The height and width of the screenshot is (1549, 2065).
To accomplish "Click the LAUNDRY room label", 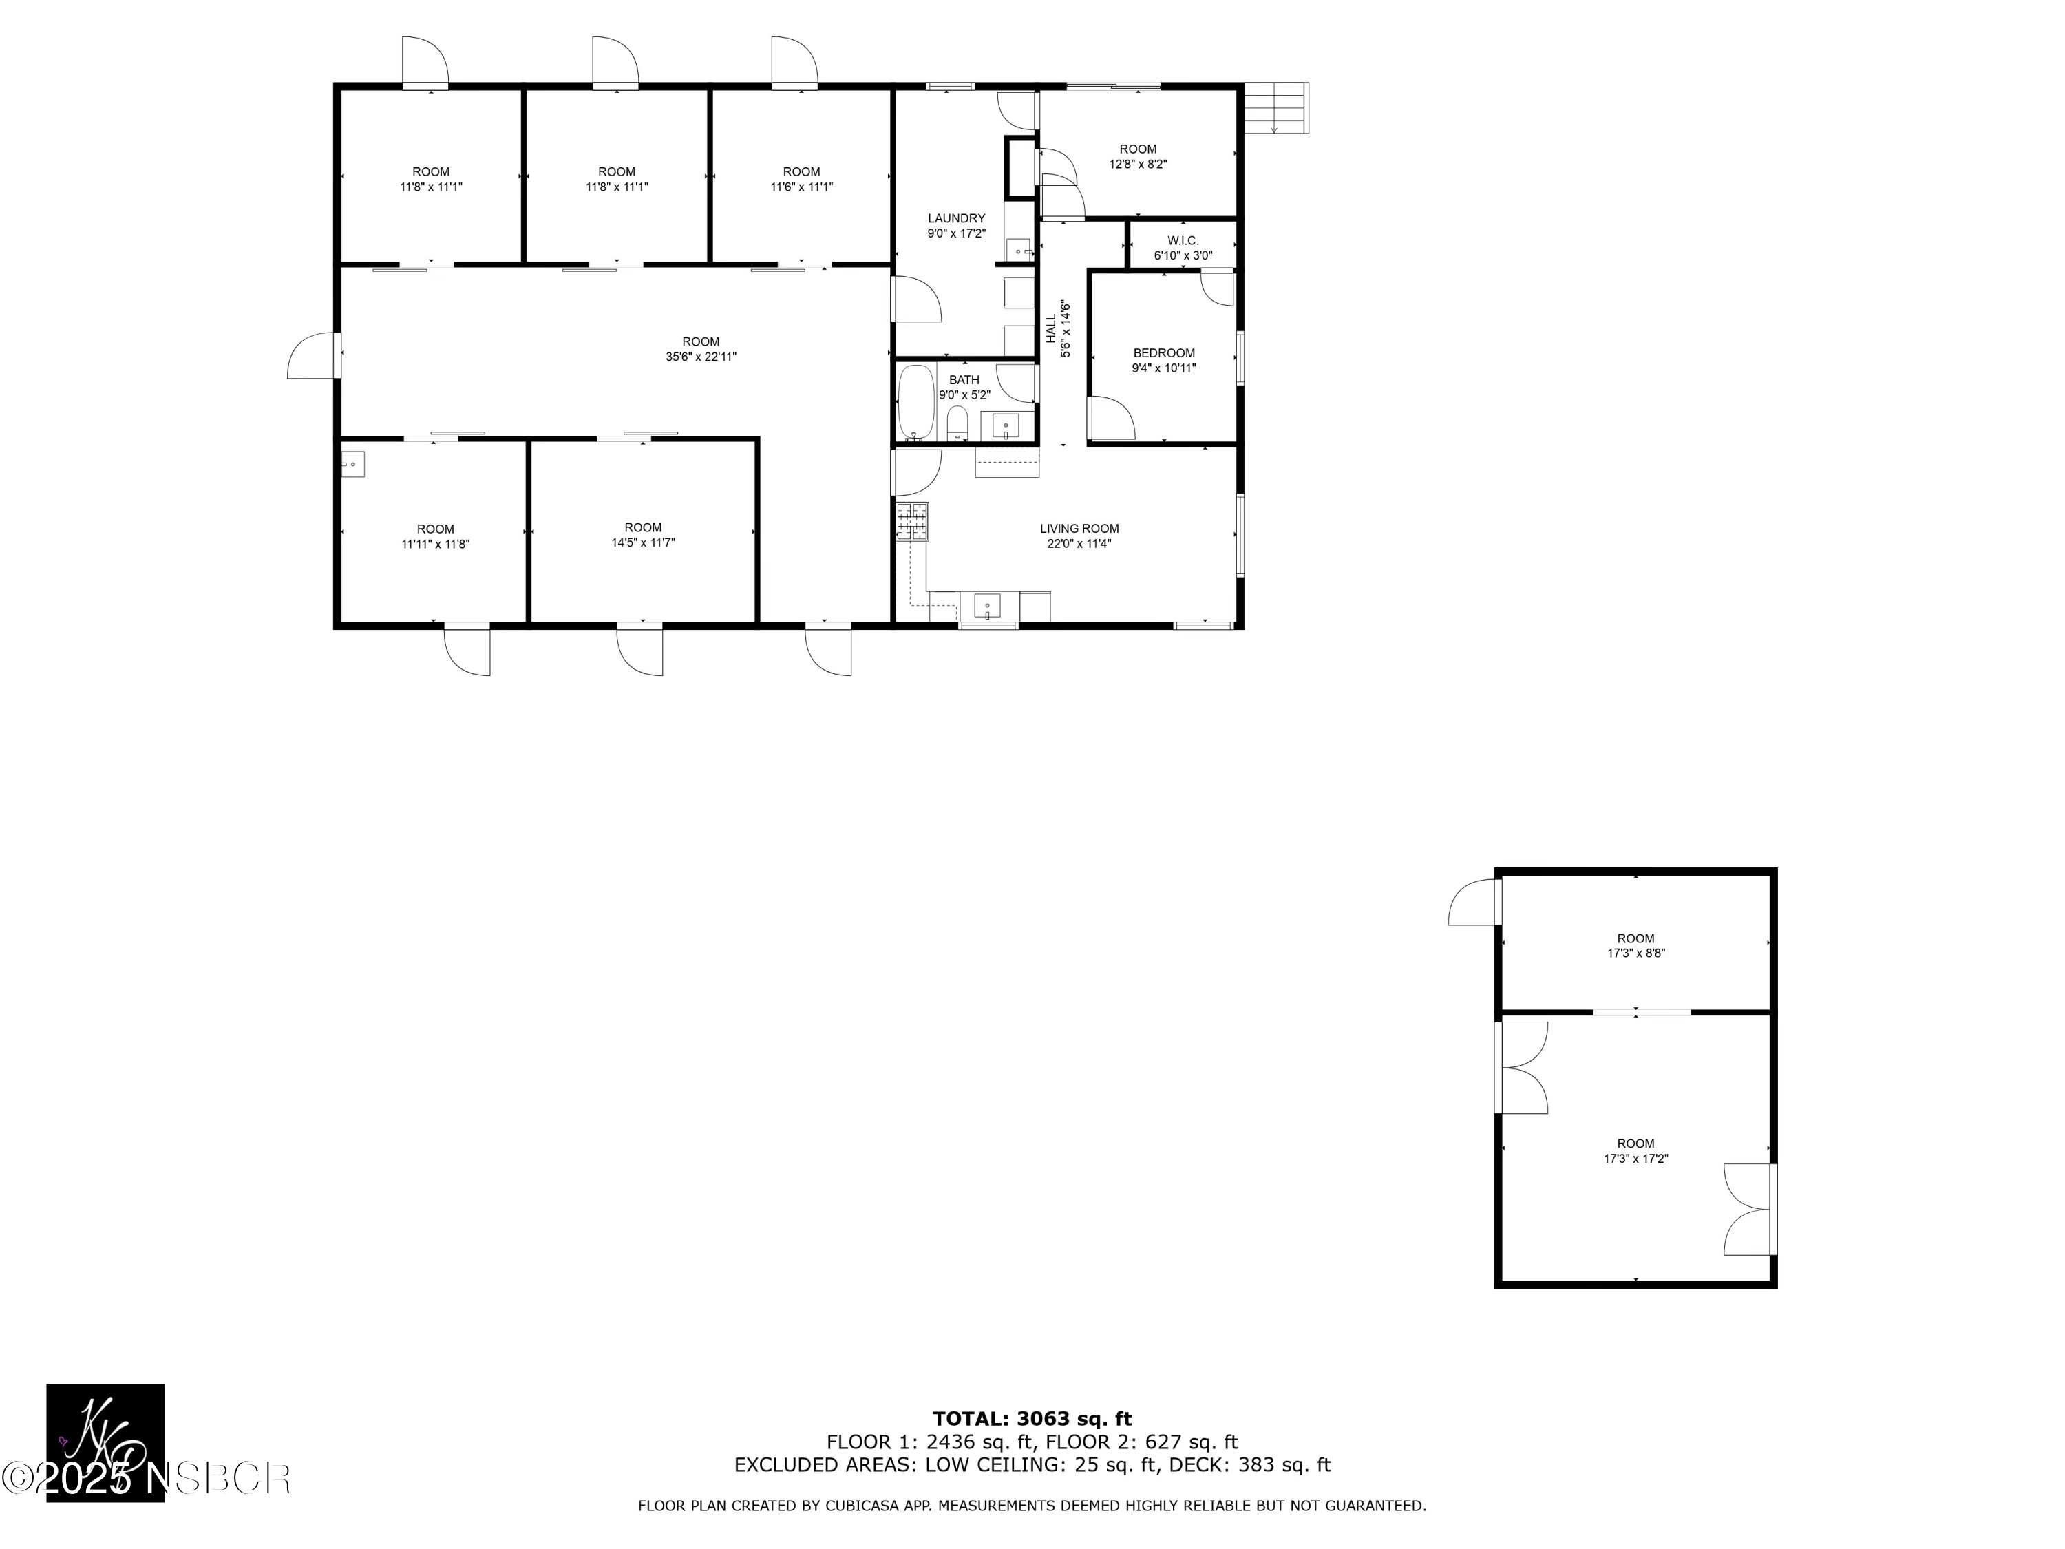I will click(956, 218).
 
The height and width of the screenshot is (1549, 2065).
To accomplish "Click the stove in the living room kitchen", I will click(912, 522).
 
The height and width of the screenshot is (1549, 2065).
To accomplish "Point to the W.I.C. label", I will click(1182, 241).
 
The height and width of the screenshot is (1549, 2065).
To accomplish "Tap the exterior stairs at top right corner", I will click(1277, 107).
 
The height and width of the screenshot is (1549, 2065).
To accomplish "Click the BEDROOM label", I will click(1163, 353).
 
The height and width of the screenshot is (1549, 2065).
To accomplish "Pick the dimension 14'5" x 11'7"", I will click(642, 542).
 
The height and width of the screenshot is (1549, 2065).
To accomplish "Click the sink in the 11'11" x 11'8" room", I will click(352, 464).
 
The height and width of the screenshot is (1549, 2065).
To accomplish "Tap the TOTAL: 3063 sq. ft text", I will click(1032, 1419).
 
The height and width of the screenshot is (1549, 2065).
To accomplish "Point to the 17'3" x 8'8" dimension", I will click(1635, 953).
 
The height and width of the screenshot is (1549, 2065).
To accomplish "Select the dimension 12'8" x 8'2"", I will click(1137, 165).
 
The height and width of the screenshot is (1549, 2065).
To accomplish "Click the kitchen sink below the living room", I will click(988, 607).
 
